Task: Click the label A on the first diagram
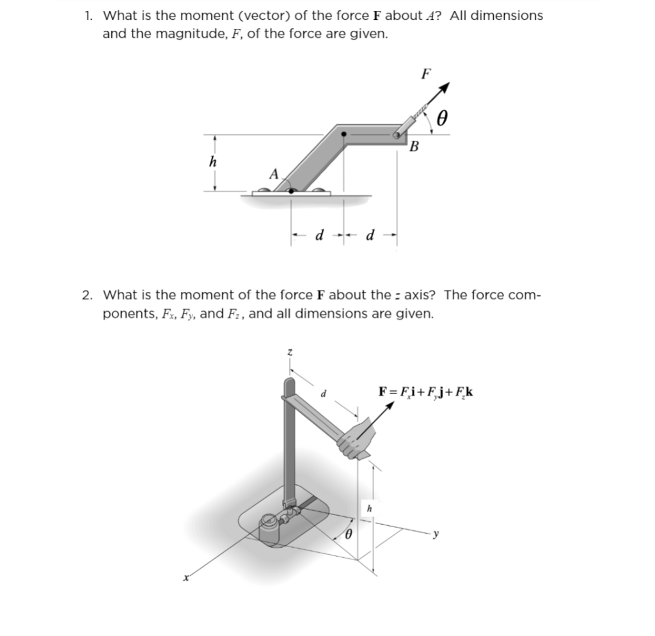[273, 173]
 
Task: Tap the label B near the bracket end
[414, 148]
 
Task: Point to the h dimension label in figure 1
[213, 163]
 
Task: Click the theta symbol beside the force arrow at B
[441, 118]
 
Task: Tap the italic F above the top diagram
[426, 74]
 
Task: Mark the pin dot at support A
[292, 190]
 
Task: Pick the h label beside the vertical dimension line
[368, 509]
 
